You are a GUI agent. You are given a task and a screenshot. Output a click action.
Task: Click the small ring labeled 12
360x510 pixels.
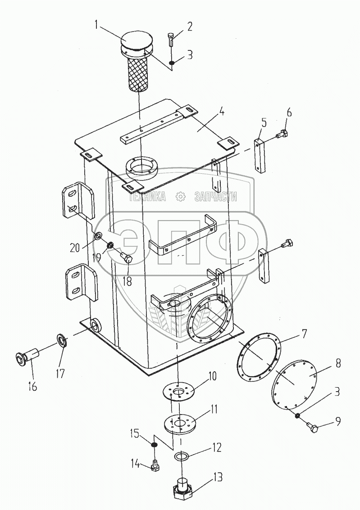click(x=181, y=456)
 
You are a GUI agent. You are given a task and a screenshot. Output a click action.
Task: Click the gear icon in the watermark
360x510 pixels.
click(x=180, y=196)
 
